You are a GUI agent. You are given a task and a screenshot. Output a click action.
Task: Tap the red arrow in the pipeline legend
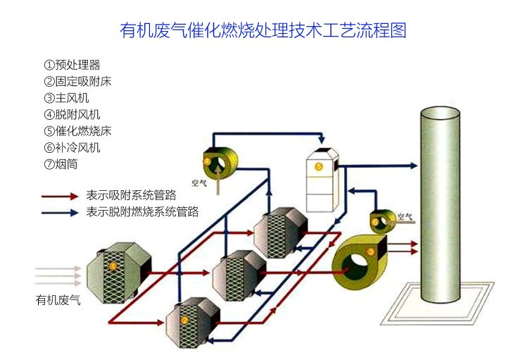point(59,196)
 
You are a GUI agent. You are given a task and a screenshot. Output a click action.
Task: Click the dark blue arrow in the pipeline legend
point(59,211)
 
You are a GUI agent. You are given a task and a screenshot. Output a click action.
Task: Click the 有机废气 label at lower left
point(58,300)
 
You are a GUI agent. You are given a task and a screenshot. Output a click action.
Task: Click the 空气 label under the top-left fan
point(199,181)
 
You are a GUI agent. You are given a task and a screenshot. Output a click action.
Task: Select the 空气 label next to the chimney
point(404,217)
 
